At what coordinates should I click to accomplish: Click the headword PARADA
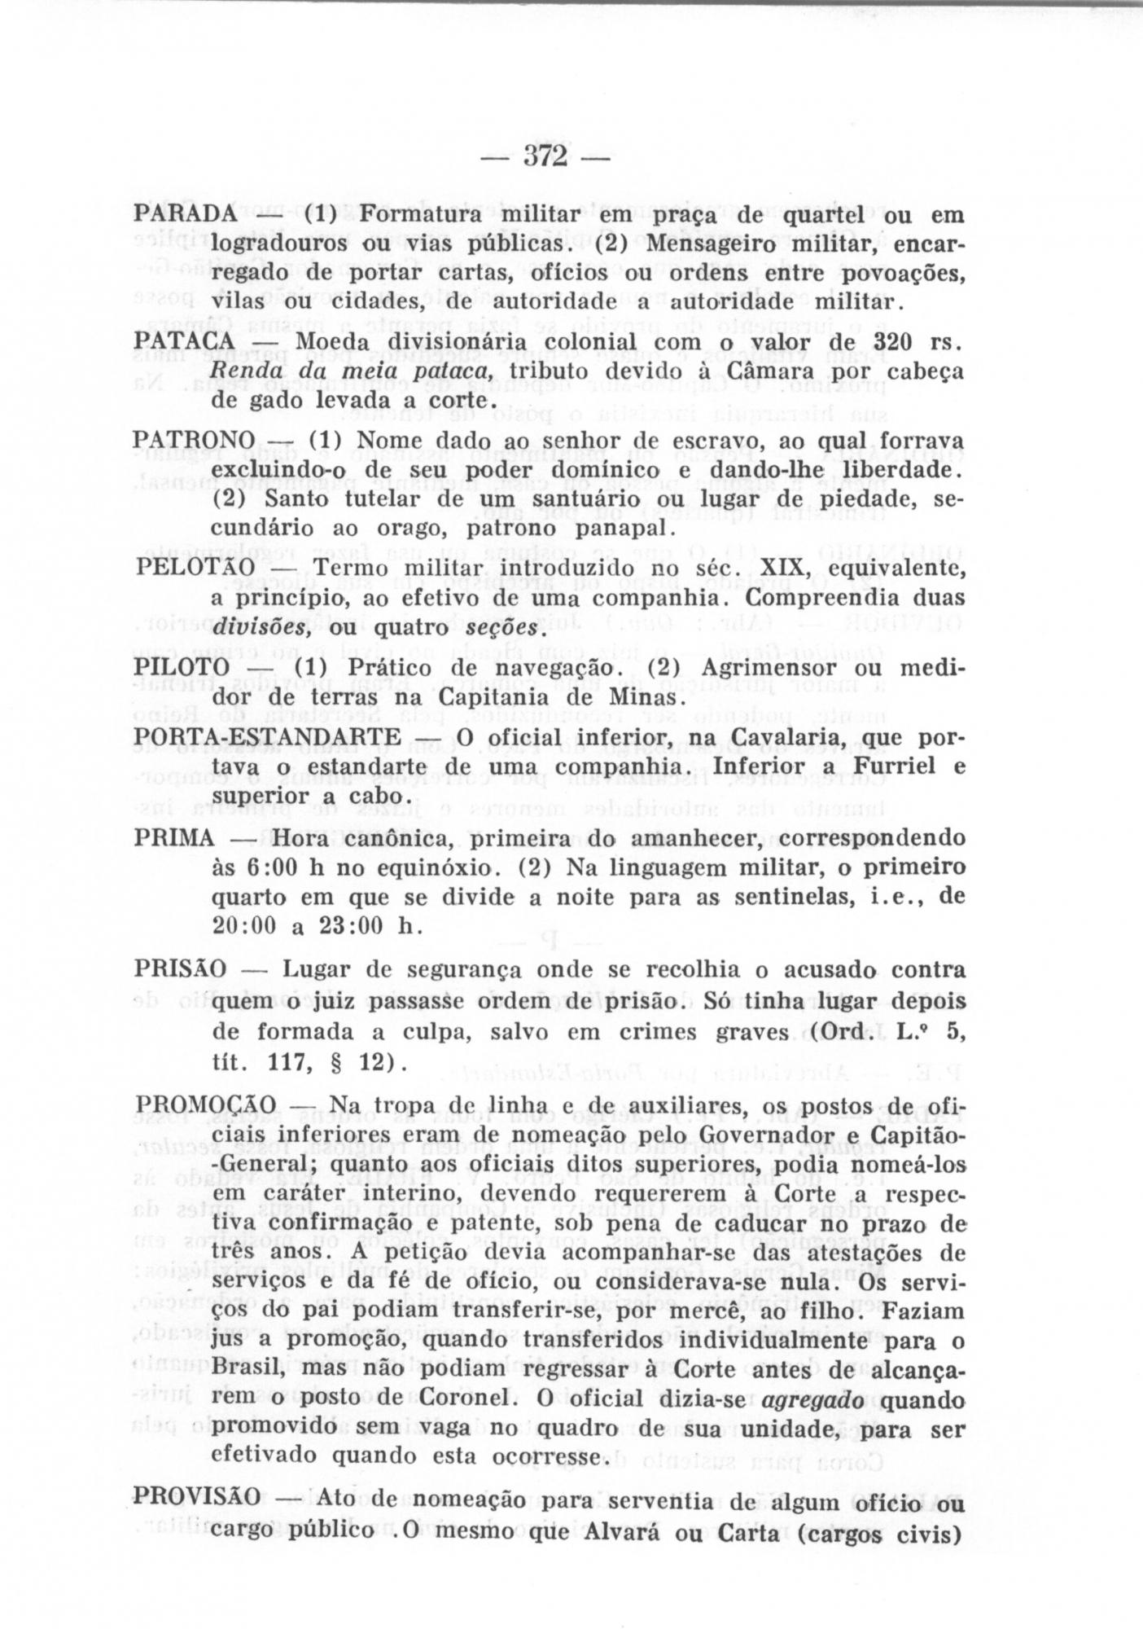(185, 214)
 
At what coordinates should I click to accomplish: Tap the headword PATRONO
(193, 440)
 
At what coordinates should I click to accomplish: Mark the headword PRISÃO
(180, 970)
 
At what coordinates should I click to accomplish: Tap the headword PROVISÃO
(197, 1495)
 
